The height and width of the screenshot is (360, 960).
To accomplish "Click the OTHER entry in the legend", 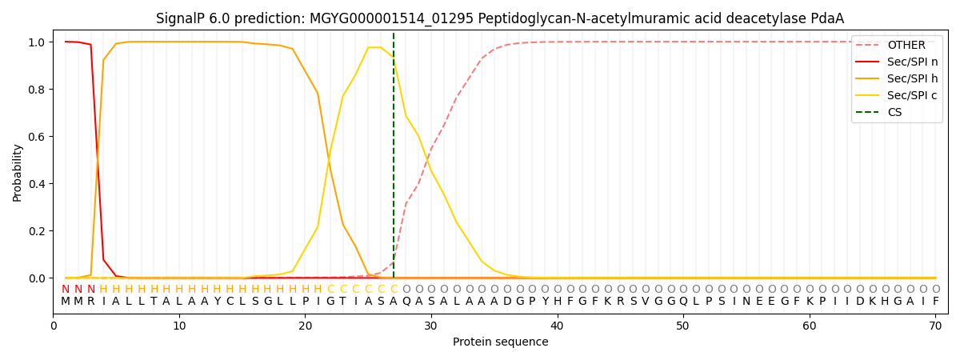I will [906, 46].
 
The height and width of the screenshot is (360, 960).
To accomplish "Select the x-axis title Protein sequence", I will [500, 342].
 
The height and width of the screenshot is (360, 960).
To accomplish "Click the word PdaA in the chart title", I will [827, 18].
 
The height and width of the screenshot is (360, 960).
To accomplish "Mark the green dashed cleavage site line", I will [394, 160].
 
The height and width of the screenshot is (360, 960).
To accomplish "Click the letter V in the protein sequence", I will [646, 302].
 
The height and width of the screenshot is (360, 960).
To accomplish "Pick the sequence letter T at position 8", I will [154, 302].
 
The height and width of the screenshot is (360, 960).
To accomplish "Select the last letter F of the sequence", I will [935, 302].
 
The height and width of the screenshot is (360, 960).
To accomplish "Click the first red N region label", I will [66, 289].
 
